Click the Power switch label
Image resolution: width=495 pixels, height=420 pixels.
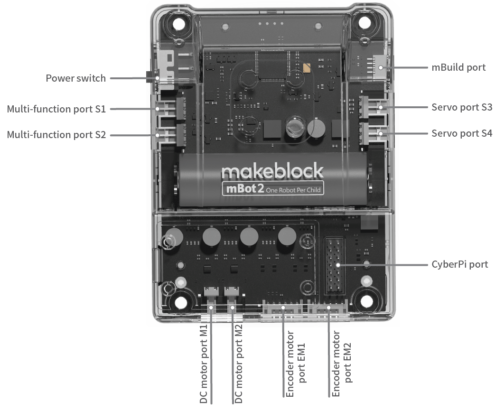pos(76,78)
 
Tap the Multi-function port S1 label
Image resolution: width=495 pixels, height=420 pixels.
pos(56,109)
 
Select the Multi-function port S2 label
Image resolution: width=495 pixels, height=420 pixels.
pos(56,135)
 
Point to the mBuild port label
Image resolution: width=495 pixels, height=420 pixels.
pos(458,67)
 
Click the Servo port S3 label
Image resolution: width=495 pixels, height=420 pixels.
pos(462,107)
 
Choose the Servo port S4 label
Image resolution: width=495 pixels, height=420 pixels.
pos(462,133)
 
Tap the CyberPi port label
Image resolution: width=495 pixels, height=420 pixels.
pos(459,264)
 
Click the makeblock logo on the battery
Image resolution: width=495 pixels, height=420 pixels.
pos(272,171)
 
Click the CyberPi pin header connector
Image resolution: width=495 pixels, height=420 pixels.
pos(336,266)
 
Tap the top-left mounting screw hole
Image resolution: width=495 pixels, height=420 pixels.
pos(179,23)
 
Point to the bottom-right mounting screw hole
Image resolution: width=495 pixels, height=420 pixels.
pos(365,302)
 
